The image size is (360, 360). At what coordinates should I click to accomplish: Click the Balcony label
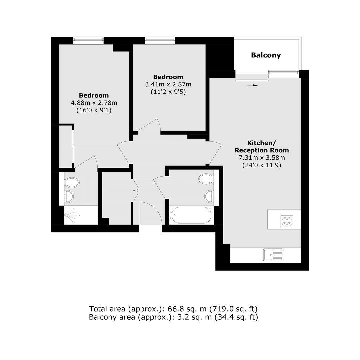[x=266, y=55]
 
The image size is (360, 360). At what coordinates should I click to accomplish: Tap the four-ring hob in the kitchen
[x=287, y=222]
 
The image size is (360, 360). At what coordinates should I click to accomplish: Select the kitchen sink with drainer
[x=273, y=255]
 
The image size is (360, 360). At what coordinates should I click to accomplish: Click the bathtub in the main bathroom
[x=190, y=215]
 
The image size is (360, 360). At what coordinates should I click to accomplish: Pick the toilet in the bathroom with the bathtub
[x=206, y=179]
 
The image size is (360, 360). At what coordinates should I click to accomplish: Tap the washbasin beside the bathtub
[x=209, y=197]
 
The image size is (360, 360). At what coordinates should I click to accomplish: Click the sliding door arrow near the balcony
[x=252, y=85]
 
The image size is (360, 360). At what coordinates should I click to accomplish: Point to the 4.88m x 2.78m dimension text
[x=94, y=103]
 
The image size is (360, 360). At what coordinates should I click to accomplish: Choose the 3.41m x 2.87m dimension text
[x=168, y=84]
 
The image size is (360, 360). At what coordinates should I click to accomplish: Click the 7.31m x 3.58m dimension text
[x=262, y=158]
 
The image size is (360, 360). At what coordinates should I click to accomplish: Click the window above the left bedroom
[x=88, y=40]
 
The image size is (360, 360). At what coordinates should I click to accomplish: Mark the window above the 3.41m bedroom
[x=160, y=40]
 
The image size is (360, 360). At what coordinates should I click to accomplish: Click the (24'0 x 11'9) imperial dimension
[x=262, y=165]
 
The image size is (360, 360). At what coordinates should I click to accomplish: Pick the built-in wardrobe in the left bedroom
[x=66, y=146]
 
